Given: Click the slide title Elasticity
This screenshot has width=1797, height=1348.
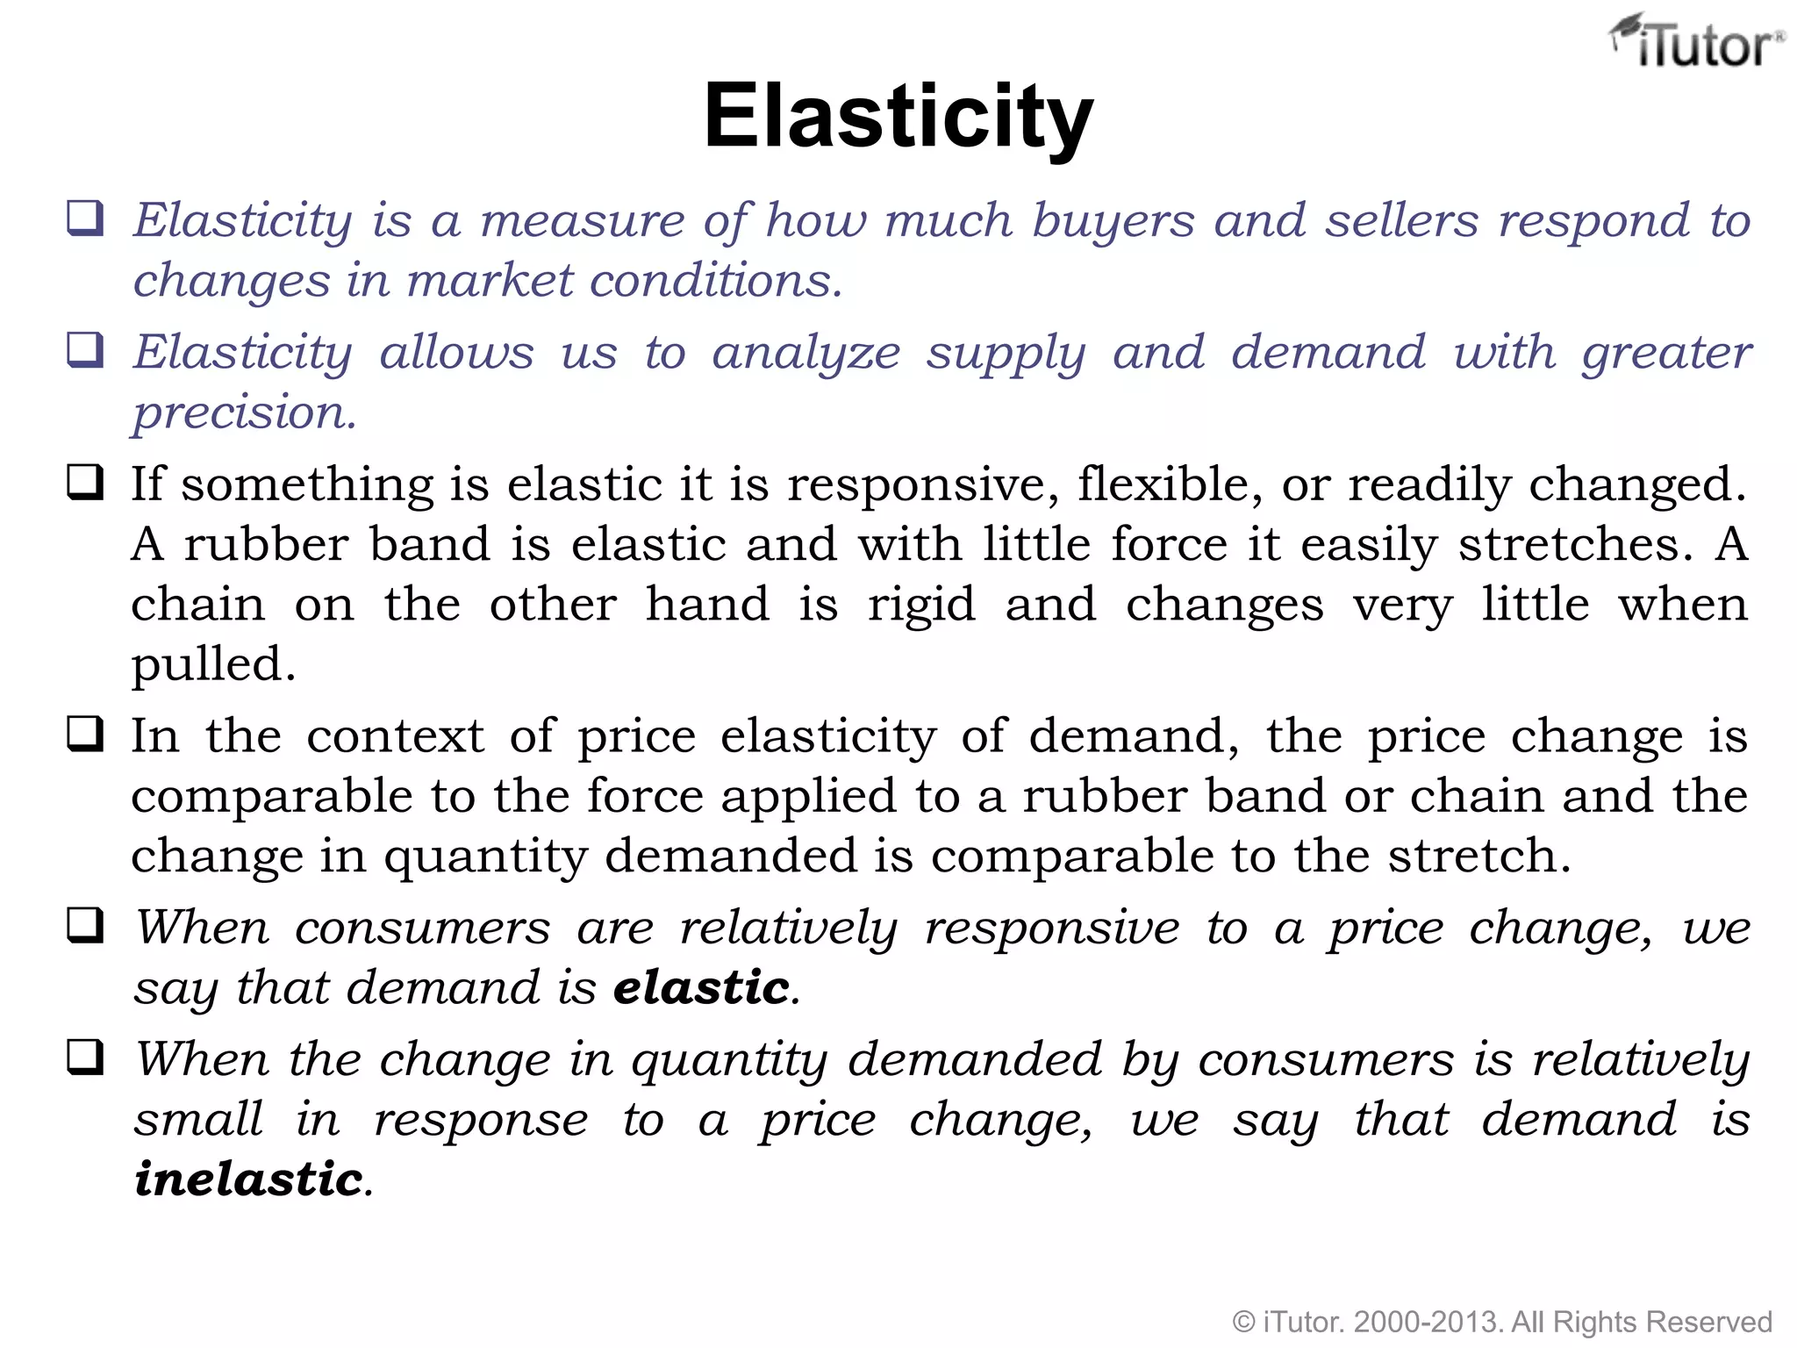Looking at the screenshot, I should [x=898, y=117].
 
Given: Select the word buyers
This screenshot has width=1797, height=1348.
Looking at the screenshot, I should [x=1113, y=220].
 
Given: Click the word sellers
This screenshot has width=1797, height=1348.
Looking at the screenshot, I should [x=1401, y=220].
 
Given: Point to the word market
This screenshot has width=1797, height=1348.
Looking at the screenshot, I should [x=491, y=281].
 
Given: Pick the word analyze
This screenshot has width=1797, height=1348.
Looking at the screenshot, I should [x=805, y=354].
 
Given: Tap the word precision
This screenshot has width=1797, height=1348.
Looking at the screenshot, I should [x=244, y=413].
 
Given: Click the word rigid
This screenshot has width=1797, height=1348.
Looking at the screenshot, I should [x=921, y=605].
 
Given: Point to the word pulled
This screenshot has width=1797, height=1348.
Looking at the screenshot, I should [x=213, y=664].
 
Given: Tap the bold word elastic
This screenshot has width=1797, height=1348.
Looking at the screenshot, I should [x=702, y=987].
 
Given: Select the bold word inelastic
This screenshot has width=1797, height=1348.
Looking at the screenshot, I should [x=248, y=1179].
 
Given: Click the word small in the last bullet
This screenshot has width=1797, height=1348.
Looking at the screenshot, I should [x=198, y=1119].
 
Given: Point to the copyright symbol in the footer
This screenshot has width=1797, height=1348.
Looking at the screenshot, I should [x=1243, y=1322].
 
